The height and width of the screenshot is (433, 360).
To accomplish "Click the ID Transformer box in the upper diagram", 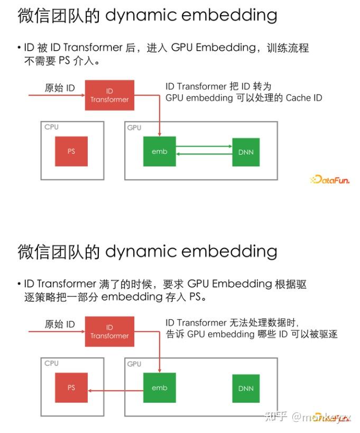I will pyautogui.click(x=109, y=95).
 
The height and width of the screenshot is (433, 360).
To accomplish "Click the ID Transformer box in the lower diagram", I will pyautogui.click(x=109, y=331).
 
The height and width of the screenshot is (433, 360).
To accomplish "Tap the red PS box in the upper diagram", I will pyautogui.click(x=71, y=151).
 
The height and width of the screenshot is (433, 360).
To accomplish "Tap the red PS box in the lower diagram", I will pyautogui.click(x=71, y=388).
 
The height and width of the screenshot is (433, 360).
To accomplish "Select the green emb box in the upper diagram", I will pyautogui.click(x=160, y=151).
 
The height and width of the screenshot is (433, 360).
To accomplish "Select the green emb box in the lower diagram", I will pyautogui.click(x=160, y=388).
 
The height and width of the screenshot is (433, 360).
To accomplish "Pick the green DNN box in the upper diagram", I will pyautogui.click(x=246, y=152).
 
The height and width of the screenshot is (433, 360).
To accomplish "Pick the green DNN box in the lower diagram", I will pyautogui.click(x=246, y=388).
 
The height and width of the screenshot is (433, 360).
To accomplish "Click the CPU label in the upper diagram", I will pyautogui.click(x=52, y=127).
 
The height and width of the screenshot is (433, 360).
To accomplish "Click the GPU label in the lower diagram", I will pyautogui.click(x=134, y=364).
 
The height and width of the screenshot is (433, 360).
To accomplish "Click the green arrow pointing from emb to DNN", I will pyautogui.click(x=204, y=146).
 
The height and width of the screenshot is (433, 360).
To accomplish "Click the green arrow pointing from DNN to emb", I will pyautogui.click(x=204, y=154).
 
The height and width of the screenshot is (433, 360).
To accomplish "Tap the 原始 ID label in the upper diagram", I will pyautogui.click(x=60, y=88).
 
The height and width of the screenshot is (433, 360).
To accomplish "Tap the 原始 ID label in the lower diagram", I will pyautogui.click(x=60, y=324).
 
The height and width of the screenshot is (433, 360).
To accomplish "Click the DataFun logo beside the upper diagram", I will pyautogui.click(x=330, y=180).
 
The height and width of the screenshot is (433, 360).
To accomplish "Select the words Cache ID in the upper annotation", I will pyautogui.click(x=303, y=98).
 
